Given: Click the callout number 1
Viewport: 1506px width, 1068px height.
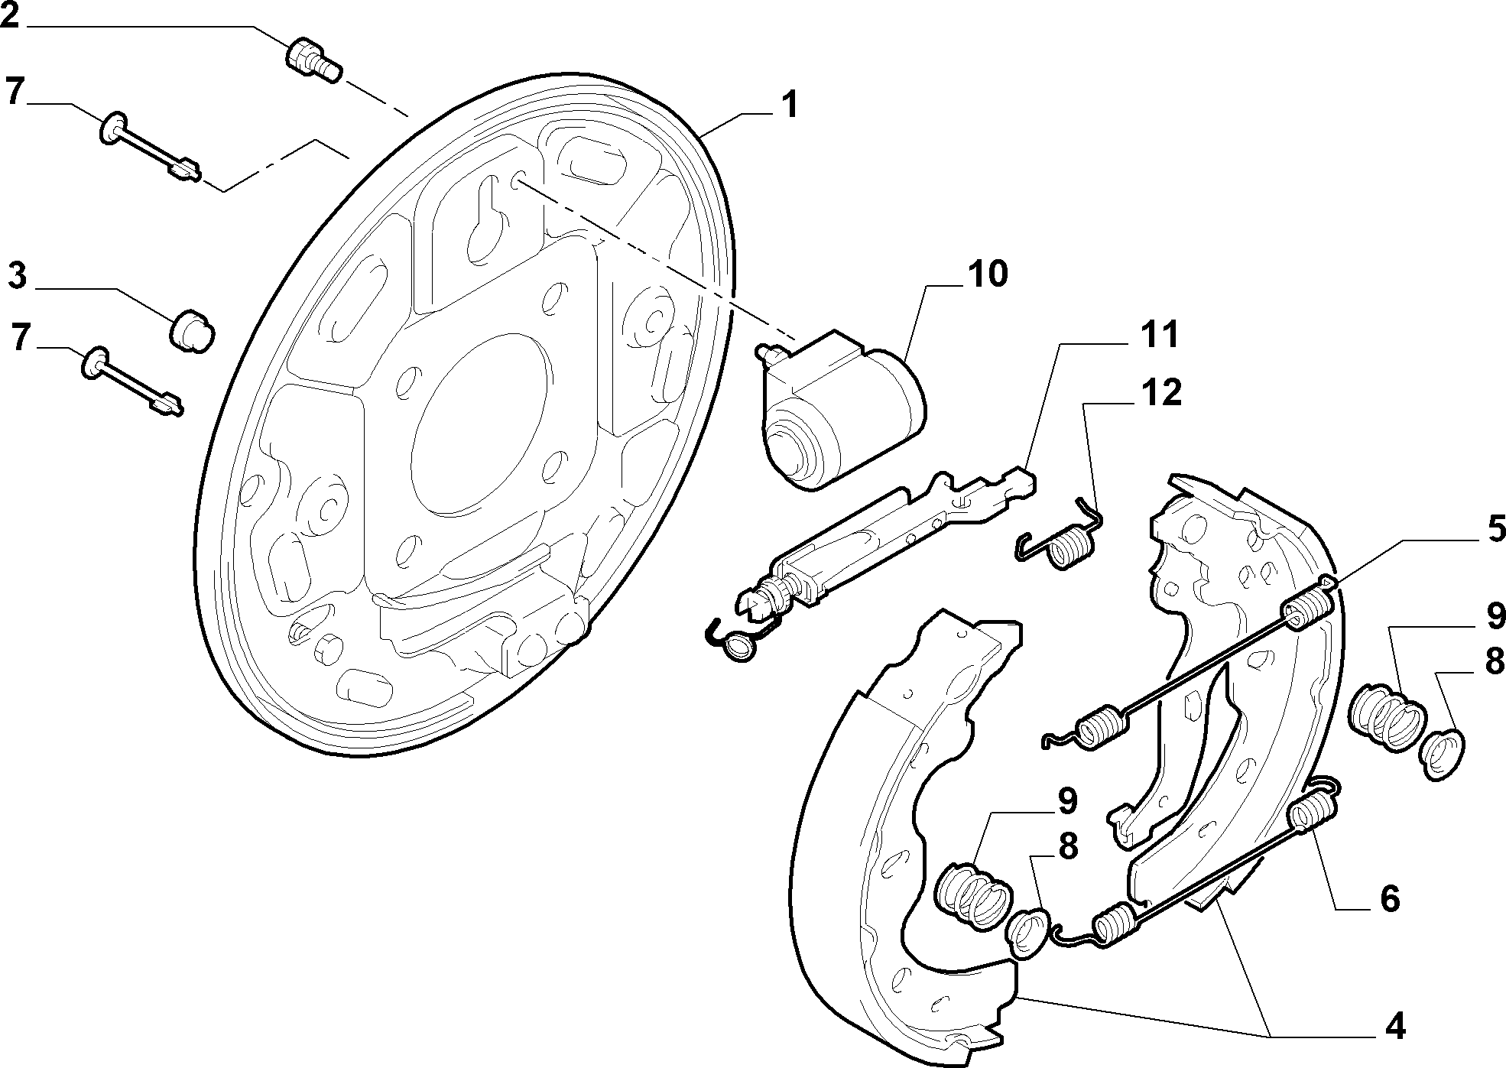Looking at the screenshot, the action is [x=789, y=105].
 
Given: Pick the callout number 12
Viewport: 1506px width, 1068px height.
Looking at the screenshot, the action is [x=1161, y=392].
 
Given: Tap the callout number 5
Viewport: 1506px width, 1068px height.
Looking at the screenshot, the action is [x=1495, y=528].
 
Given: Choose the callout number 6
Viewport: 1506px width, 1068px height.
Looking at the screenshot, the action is [x=1390, y=898].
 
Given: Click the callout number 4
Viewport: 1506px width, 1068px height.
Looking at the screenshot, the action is [x=1395, y=1026].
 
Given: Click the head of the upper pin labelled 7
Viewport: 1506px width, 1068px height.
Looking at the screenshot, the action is [x=112, y=128].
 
